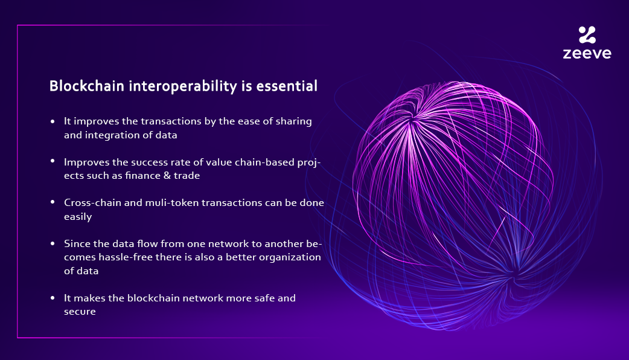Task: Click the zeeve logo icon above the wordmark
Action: click(587, 34)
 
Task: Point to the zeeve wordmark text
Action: click(587, 53)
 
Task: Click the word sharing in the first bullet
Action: click(292, 121)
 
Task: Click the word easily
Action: click(78, 216)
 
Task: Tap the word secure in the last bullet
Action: click(80, 312)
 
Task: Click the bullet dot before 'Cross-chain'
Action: click(53, 203)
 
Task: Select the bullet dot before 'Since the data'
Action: click(53, 244)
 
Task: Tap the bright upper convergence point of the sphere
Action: click(412, 121)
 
